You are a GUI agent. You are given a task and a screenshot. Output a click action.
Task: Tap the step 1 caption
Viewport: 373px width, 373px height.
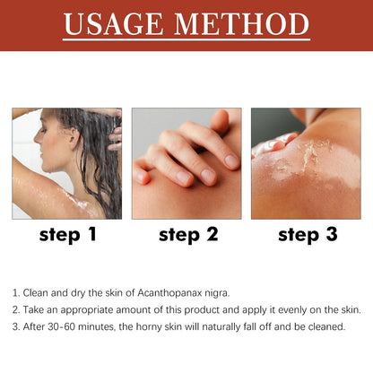(67, 236)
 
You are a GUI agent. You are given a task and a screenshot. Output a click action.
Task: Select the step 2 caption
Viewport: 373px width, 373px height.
(186, 236)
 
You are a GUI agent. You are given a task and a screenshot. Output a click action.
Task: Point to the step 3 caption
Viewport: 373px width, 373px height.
(306, 236)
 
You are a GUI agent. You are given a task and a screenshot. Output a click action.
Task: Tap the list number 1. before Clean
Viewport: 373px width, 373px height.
(16, 293)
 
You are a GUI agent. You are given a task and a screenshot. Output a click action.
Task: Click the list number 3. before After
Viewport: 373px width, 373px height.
(16, 326)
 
